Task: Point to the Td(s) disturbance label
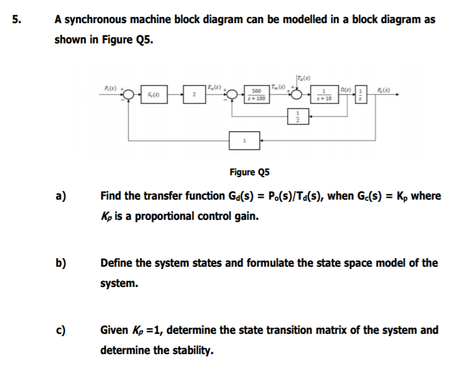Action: click(x=303, y=78)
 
